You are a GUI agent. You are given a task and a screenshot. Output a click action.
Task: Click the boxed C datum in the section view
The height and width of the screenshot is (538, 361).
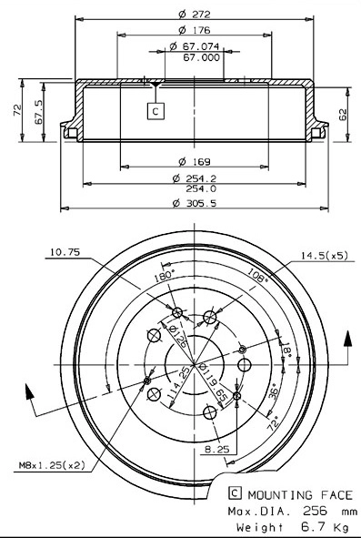pos(155,111)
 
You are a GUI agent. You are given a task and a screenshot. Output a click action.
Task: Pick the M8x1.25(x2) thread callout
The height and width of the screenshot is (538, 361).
pos(51,465)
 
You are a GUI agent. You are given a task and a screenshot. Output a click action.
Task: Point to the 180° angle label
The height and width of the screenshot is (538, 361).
pos(164,275)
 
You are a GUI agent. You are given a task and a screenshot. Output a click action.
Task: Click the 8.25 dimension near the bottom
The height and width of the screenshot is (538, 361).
pos(215,450)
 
